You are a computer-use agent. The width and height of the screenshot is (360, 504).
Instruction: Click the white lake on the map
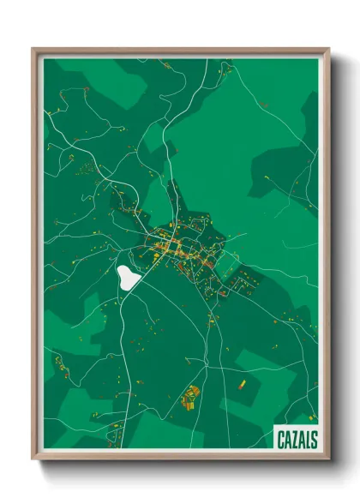(x=128, y=276)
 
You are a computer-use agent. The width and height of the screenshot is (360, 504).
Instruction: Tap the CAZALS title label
(x=297, y=440)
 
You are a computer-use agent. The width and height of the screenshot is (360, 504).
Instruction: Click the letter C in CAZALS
(x=281, y=440)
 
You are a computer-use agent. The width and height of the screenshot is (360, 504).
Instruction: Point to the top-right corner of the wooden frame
(x=328, y=50)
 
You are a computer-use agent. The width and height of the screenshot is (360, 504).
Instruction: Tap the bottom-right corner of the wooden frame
(x=328, y=459)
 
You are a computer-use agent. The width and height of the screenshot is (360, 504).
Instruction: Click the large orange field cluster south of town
(x=190, y=396)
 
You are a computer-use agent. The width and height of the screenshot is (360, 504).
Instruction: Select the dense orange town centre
(x=173, y=249)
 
